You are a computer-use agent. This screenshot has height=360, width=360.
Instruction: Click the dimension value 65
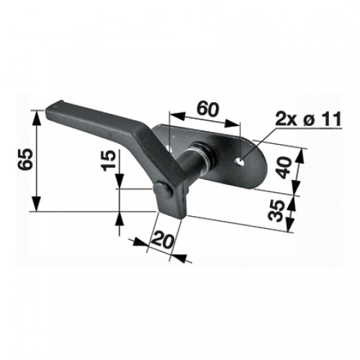25,159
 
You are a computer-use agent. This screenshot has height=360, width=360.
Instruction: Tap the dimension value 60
208,109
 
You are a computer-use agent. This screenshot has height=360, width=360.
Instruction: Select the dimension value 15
109,161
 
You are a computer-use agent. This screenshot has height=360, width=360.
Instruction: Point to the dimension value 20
163,240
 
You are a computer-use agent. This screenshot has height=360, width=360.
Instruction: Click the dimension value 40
284,168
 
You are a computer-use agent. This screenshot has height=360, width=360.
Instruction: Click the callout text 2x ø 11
308,119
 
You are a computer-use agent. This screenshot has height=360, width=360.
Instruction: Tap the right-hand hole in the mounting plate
240,161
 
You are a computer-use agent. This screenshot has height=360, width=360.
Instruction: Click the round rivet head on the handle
163,190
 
